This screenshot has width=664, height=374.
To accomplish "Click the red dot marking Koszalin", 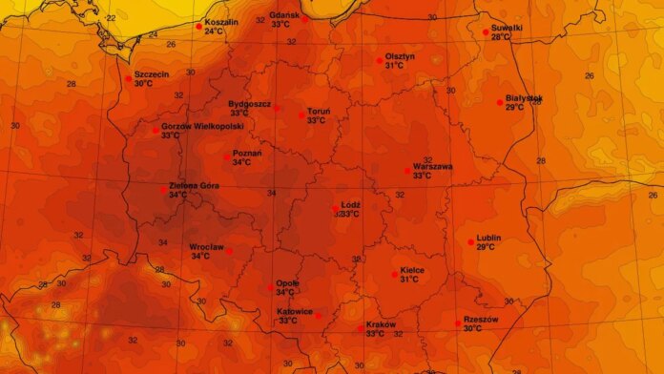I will click(198, 26).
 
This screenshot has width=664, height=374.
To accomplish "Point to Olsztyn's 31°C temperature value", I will click(394, 66).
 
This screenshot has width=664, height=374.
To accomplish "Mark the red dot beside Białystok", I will click(500, 102).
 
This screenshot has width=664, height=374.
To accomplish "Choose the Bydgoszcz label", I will click(250, 103).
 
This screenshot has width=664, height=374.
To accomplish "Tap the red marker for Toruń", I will click(301, 115).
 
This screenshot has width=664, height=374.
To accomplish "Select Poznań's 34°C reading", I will click(242, 162).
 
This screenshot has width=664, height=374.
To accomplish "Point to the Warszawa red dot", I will click(407, 171).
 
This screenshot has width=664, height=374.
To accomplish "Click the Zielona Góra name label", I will click(192, 185).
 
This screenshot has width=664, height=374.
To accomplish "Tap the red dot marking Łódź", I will click(335, 208).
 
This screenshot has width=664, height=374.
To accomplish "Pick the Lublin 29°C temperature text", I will click(486, 247).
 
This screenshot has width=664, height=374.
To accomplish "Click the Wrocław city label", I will click(206, 247).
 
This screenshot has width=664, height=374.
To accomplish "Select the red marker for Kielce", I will click(395, 275).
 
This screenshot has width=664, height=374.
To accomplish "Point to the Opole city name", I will click(287, 283).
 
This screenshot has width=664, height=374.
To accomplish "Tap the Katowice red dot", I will click(320, 316).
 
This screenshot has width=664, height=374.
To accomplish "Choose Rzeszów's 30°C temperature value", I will click(472, 328).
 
